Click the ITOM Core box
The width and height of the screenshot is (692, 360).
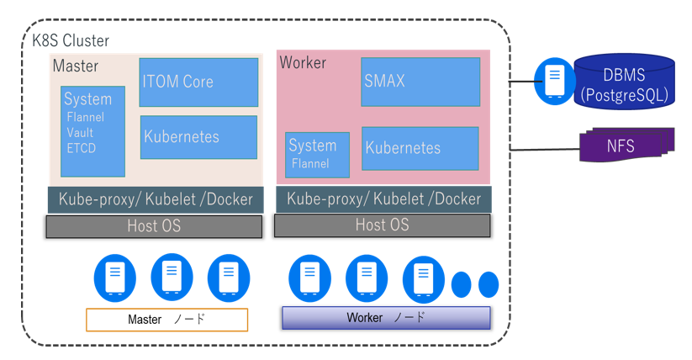[198, 82]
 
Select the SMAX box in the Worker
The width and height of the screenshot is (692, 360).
[420, 82]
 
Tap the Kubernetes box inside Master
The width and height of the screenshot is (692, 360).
[198, 137]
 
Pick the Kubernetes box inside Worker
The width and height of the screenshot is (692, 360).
[420, 148]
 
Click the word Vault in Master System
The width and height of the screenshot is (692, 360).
[80, 133]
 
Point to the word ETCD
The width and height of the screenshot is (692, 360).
[82, 149]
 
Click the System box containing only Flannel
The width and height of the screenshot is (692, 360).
[317, 154]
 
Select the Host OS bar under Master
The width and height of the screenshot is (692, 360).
[154, 226]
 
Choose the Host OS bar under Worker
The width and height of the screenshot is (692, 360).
[382, 225]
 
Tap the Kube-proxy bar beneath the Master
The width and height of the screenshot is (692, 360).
[156, 199]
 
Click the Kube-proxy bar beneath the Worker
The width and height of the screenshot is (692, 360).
[383, 199]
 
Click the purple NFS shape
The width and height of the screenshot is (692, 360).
[622, 146]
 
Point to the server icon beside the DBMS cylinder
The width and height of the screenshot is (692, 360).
[554, 81]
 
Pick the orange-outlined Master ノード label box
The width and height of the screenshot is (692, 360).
[166, 320]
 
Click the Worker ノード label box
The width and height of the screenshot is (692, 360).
[386, 318]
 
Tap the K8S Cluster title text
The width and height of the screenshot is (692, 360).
[71, 40]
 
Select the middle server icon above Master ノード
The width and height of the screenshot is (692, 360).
[172, 277]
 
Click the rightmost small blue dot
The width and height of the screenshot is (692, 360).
[489, 284]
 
